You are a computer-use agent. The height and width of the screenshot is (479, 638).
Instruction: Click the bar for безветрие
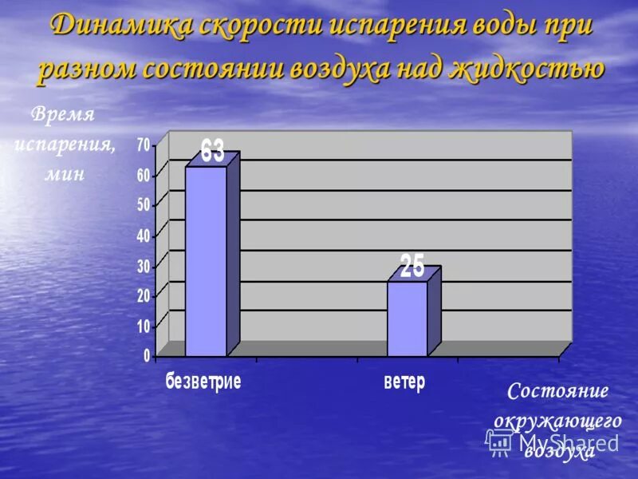(x=206, y=261)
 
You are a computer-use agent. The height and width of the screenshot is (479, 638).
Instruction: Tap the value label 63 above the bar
(x=212, y=151)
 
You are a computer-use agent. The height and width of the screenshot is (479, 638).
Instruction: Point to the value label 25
(x=412, y=266)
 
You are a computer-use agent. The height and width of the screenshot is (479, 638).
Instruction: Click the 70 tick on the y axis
(x=144, y=144)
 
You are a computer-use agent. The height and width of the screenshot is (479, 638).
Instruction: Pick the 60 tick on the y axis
(x=144, y=175)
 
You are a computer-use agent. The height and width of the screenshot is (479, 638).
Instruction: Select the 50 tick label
(x=144, y=204)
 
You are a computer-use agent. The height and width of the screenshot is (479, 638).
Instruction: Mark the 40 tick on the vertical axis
(x=144, y=235)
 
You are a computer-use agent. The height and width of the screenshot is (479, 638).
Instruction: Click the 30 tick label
(x=144, y=265)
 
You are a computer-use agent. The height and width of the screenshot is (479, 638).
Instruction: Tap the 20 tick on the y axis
(x=144, y=295)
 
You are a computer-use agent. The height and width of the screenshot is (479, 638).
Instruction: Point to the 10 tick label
(x=144, y=326)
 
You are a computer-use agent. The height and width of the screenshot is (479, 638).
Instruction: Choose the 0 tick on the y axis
(x=147, y=355)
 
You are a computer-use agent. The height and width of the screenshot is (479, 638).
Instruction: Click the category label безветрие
(x=203, y=381)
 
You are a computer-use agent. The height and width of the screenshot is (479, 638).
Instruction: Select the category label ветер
(x=404, y=381)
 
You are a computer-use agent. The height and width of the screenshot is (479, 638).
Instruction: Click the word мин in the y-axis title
(x=65, y=175)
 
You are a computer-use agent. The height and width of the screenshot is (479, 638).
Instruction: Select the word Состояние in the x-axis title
(x=558, y=391)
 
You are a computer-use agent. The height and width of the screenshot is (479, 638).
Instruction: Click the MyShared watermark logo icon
(x=500, y=441)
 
